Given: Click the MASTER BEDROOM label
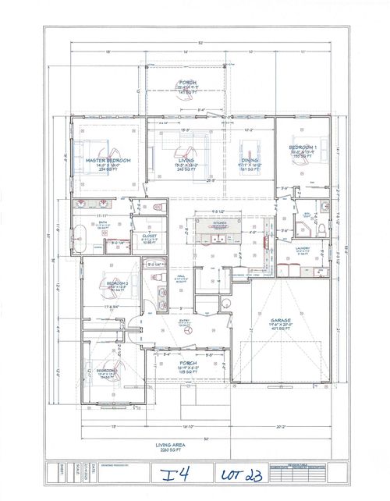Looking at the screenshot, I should coord(108,159).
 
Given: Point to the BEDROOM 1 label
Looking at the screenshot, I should coord(303,147).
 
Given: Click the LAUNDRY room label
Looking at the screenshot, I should coord(303,249).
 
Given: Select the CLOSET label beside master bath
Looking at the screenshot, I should coord(149,236).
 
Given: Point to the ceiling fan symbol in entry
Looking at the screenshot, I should coord(187,329).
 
